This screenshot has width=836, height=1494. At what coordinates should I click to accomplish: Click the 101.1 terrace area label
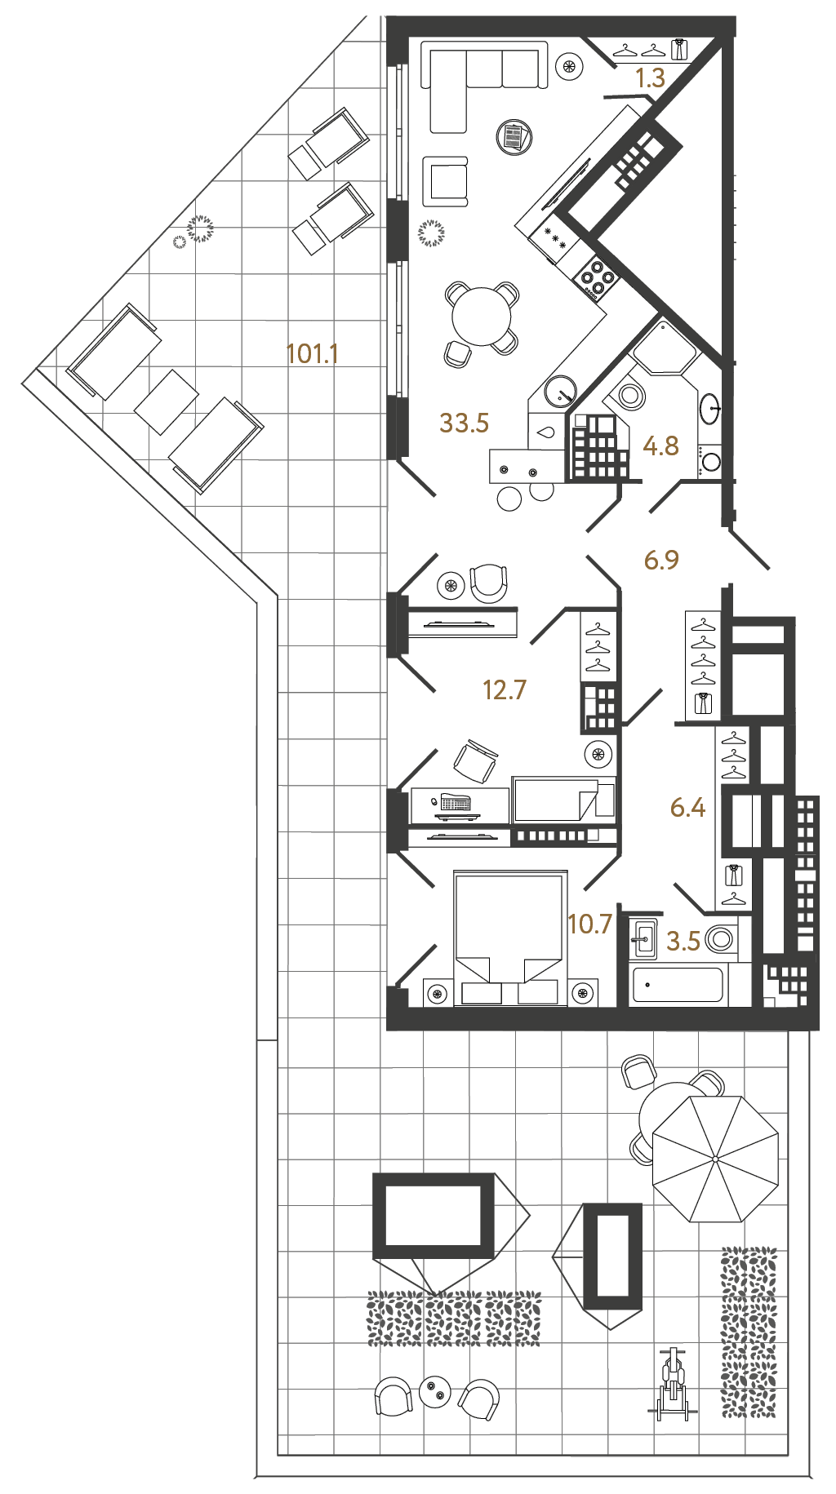[312, 354]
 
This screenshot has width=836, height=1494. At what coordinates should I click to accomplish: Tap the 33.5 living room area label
[464, 423]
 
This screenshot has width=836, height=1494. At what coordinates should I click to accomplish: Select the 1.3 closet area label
[650, 78]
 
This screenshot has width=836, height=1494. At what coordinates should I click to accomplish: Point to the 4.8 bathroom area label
[660, 446]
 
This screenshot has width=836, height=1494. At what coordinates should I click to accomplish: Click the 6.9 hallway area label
[661, 560]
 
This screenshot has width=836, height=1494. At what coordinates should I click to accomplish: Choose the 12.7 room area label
[505, 690]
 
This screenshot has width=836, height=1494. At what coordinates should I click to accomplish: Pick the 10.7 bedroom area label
[589, 924]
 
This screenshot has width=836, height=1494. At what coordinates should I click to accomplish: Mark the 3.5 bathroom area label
[683, 942]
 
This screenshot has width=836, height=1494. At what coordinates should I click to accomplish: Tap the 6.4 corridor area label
[687, 808]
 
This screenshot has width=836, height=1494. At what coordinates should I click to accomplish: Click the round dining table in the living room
[482, 316]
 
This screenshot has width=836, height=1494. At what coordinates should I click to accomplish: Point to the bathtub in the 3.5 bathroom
[677, 985]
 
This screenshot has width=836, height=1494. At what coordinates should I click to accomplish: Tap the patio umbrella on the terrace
[715, 1159]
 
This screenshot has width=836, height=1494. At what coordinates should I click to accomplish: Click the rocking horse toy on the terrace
[673, 1384]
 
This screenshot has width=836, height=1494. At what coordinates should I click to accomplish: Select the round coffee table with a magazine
[514, 136]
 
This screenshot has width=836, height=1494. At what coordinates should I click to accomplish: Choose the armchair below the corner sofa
[446, 182]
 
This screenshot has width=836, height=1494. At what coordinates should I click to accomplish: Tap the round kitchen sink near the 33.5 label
[561, 390]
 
